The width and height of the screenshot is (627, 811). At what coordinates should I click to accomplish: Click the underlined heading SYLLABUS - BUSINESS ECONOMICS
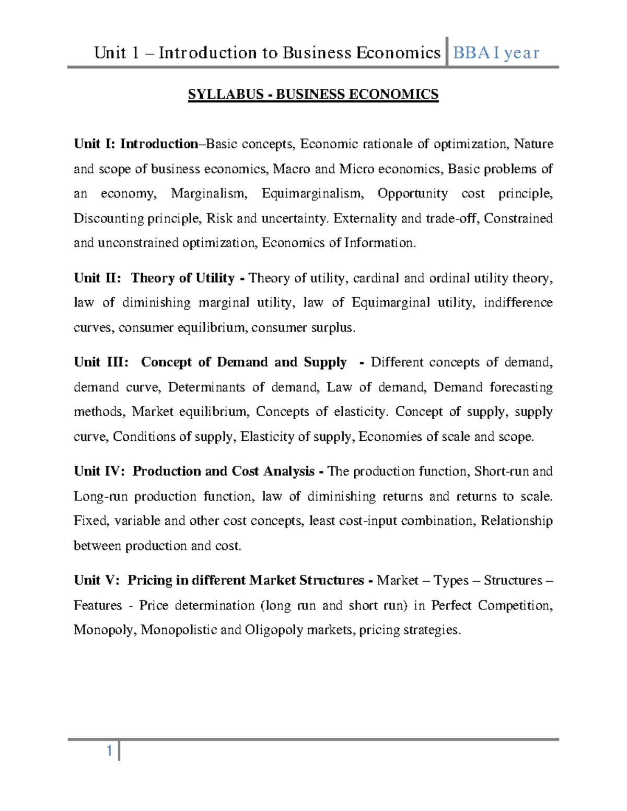313,95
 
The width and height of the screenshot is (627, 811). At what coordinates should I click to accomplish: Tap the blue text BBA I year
496,53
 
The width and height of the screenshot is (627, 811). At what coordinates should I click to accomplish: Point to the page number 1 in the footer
109,751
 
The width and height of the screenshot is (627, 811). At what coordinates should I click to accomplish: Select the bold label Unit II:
97,278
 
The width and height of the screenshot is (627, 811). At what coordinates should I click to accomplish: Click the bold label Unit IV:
99,471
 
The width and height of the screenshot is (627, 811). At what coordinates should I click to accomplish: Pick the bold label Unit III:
101,362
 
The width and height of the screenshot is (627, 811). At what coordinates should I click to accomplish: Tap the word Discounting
109,218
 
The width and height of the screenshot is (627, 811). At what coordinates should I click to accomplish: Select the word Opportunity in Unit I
412,193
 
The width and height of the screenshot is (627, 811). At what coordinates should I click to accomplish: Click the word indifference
518,302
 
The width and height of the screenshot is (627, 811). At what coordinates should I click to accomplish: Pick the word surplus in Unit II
333,327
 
